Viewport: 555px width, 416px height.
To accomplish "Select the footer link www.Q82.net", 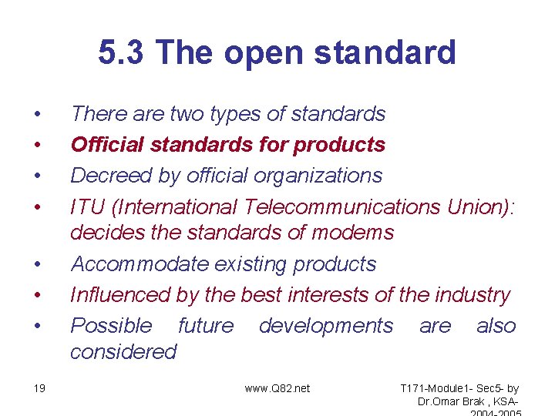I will [x=277, y=388].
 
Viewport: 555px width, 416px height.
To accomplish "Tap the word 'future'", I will [x=205, y=326].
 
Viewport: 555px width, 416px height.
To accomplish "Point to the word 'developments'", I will [x=325, y=326].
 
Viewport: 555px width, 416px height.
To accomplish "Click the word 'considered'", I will [x=123, y=352].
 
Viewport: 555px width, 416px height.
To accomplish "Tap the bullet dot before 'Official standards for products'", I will [x=36, y=145].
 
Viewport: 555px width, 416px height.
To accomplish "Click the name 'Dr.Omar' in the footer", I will [x=438, y=401].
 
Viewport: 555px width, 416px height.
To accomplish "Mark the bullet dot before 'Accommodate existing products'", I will [x=36, y=264].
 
